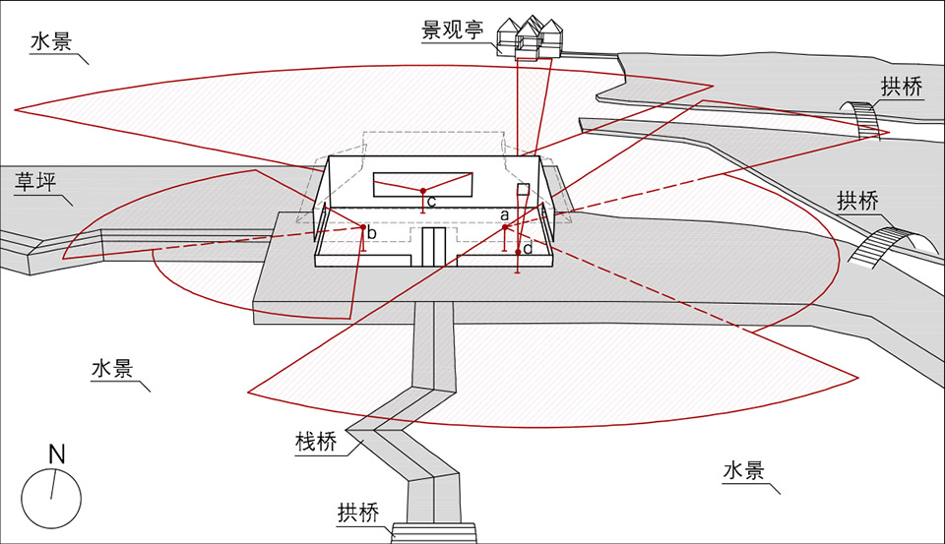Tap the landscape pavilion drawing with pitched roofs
coord(532,37)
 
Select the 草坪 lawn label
coord(34,183)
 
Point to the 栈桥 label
coord(316,442)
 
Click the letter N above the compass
coord(56,454)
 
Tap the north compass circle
coord(51,498)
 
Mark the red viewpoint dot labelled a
coord(505,228)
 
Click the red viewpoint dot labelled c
coord(422,190)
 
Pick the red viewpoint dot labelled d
coord(518,252)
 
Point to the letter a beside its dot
coord(504,213)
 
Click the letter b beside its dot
coord(372,234)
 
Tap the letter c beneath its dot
coord(431,202)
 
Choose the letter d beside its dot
coord(528,250)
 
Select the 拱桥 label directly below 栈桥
coord(357,514)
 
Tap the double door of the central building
coord(434,245)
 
